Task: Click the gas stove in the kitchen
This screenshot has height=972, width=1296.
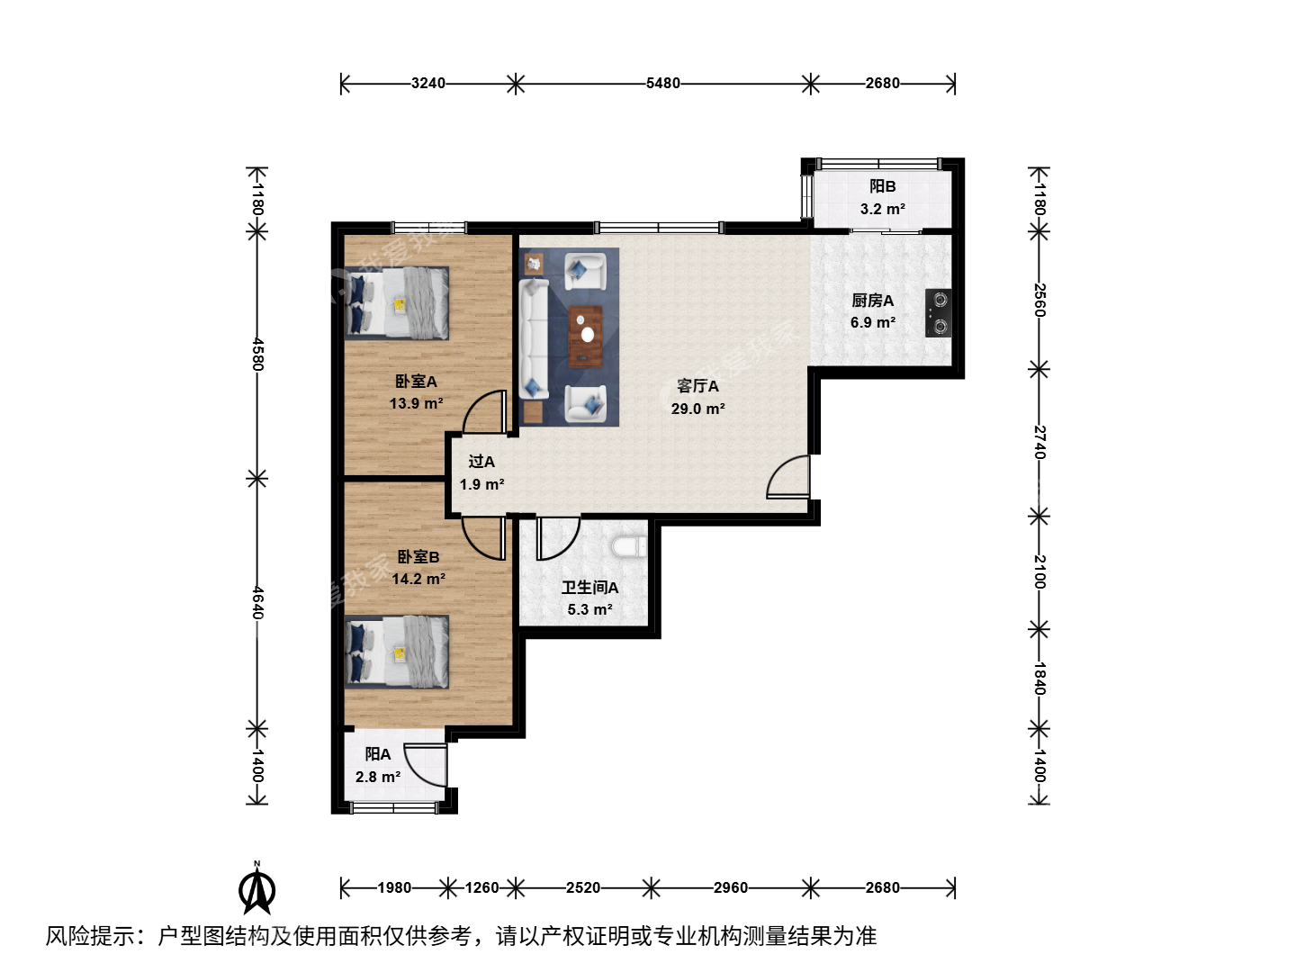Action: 938,313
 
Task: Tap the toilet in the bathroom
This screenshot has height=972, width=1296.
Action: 629,546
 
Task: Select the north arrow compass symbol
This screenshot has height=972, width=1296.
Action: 256,887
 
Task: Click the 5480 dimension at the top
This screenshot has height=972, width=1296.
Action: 662,83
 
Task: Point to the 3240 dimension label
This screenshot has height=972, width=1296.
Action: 428,83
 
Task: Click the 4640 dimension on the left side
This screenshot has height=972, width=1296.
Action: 256,602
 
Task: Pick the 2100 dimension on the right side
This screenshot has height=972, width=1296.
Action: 1039,571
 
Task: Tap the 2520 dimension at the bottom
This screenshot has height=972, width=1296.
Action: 583,887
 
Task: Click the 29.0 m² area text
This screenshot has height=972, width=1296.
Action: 697,409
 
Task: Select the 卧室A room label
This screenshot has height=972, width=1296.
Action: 416,382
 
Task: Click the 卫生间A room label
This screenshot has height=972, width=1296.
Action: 589,588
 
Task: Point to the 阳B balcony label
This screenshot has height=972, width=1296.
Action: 882,186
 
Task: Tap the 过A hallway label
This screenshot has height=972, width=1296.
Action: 481,462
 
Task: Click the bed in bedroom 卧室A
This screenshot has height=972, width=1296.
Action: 397,303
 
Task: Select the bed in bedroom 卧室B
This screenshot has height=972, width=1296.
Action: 397,652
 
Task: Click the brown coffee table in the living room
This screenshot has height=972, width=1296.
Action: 585,337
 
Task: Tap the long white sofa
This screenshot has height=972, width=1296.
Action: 534,338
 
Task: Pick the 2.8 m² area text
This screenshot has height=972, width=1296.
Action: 378,777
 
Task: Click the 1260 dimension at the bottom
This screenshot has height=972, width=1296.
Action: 481,887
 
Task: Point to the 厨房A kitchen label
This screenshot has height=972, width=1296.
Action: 872,301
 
